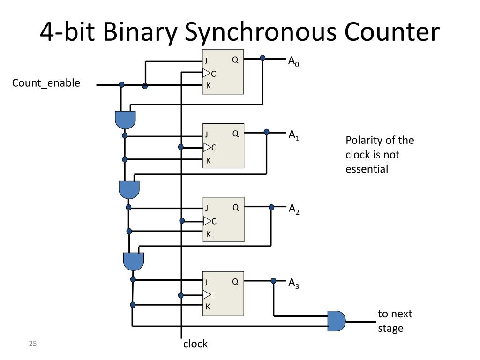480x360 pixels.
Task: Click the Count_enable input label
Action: pyautogui.click(x=46, y=83)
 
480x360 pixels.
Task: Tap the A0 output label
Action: pyautogui.click(x=293, y=61)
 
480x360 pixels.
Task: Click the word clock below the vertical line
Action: pyautogui.click(x=195, y=344)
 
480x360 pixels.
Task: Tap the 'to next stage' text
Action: pyautogui.click(x=395, y=321)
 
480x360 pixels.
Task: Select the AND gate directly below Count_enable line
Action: pyautogui.click(x=125, y=120)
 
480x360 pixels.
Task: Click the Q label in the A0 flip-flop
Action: pyautogui.click(x=235, y=60)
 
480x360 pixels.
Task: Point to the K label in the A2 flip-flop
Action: pyautogui.click(x=208, y=234)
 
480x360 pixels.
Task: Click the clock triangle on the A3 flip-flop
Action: pyautogui.click(x=207, y=295)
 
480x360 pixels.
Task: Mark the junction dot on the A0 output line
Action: pyautogui.click(x=262, y=59)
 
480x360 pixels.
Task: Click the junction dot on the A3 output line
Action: pyautogui.click(x=274, y=281)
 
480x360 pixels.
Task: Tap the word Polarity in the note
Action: pyautogui.click(x=363, y=141)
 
